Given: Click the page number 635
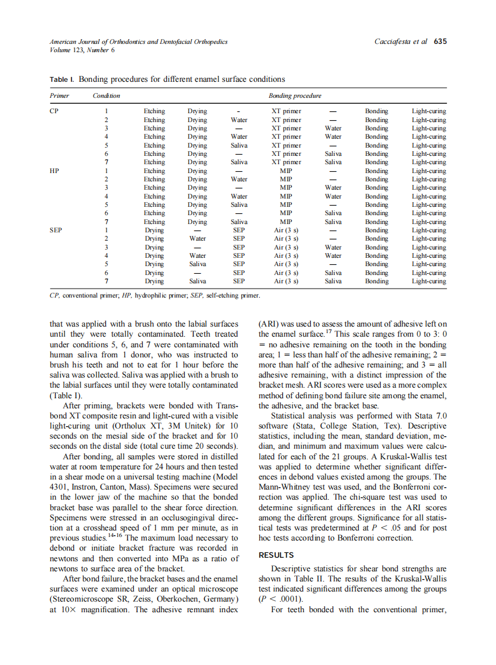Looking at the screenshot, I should click(440, 41).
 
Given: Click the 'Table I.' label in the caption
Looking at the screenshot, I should click(62, 79).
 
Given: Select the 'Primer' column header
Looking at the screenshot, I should click(59, 95).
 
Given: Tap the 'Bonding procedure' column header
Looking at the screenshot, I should click(295, 95).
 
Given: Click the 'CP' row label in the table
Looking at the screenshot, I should click(54, 111).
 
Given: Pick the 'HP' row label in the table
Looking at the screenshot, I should click(54, 171).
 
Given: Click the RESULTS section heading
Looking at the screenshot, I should click(276, 555).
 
